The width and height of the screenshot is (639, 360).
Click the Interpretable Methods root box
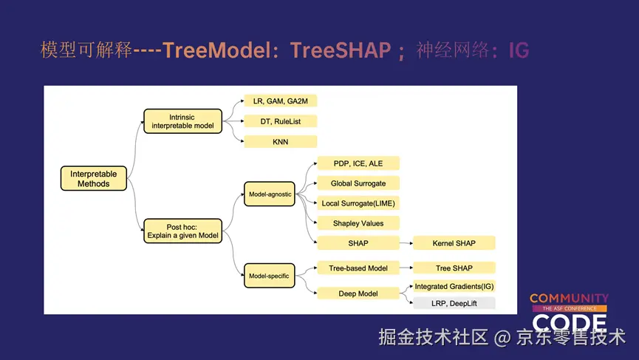93,179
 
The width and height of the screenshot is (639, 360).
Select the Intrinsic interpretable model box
182,121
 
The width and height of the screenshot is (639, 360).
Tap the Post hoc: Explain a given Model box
182,231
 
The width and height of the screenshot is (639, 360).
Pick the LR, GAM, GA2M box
280,100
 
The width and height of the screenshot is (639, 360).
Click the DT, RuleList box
280,120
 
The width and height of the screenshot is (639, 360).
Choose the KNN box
280,142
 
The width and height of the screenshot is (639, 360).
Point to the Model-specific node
269,276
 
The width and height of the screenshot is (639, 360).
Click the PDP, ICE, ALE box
358,163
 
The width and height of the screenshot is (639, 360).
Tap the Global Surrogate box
358,183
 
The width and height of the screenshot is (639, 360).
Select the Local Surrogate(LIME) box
358,203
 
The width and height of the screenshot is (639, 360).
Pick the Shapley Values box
358,223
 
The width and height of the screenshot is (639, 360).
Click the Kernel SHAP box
454,243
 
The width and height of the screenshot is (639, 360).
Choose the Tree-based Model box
358,268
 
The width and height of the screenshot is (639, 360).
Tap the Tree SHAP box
454,268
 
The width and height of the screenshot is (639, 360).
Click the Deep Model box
358,293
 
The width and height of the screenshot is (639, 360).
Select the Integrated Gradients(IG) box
454,286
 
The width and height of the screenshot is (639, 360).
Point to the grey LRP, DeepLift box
454,303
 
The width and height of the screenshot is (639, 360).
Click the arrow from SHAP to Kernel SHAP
405,243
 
